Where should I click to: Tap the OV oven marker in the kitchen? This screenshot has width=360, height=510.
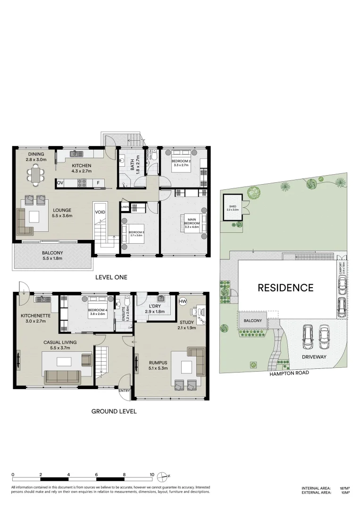coord(60,183)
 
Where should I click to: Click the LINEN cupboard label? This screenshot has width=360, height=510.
coord(125,207)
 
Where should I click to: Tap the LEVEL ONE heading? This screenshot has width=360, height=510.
coord(111,277)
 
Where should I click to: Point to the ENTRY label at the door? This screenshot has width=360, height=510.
coord(125,391)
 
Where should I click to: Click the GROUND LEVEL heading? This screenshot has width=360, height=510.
coord(114,411)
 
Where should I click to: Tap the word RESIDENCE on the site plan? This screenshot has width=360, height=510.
coord(285,288)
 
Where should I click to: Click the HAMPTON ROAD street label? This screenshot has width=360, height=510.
coord(289,373)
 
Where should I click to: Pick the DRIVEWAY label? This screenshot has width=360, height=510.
coord(315,357)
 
